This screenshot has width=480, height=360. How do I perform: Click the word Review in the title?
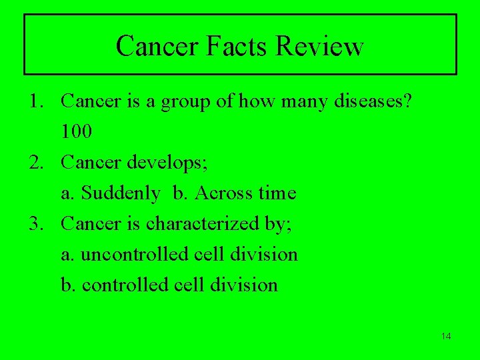click(x=319, y=46)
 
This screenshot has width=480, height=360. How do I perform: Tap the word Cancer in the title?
click(x=157, y=46)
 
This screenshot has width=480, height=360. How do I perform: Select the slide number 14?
click(x=446, y=336)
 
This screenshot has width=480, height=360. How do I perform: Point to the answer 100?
click(x=77, y=132)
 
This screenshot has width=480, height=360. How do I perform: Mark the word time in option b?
click(x=277, y=193)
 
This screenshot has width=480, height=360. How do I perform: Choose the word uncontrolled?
click(x=124, y=255)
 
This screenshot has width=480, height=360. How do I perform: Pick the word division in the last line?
click(x=245, y=285)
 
